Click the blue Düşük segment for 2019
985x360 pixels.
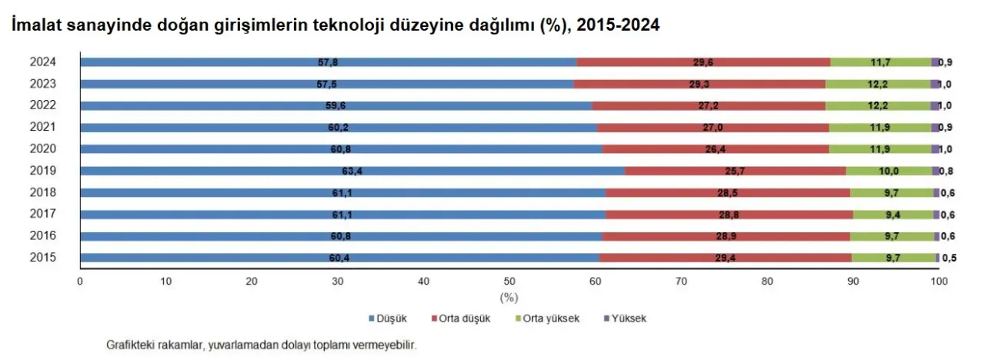(x=231, y=171)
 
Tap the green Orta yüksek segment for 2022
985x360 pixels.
(x=878, y=105)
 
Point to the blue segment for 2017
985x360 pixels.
(x=231, y=215)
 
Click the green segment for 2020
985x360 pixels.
(x=880, y=149)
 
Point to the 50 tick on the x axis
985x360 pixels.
(x=509, y=282)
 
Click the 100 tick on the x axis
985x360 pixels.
(x=938, y=282)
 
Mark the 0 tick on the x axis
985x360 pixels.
(x=80, y=282)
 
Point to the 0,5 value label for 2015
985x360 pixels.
(x=949, y=258)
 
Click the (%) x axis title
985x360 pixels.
(x=509, y=297)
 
